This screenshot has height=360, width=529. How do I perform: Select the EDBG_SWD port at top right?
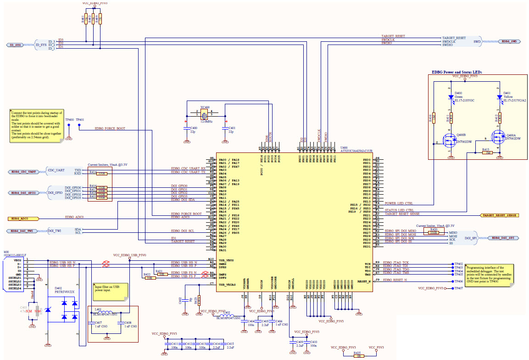(x=509, y=41)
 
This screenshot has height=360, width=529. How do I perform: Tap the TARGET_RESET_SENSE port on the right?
(x=499, y=215)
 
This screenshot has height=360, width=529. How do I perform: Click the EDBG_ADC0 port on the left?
(x=21, y=217)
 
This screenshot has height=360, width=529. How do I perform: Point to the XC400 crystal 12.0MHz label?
(x=206, y=121)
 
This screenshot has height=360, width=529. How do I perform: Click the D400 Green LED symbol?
(x=451, y=97)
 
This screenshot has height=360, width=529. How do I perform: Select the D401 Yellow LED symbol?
(x=499, y=97)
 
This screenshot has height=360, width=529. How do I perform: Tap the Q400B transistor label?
(x=461, y=135)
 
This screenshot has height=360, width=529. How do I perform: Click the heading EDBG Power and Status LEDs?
(x=457, y=73)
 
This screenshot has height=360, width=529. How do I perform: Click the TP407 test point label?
(x=458, y=288)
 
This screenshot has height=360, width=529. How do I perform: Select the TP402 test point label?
(x=458, y=264)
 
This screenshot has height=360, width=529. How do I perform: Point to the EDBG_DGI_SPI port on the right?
(x=503, y=238)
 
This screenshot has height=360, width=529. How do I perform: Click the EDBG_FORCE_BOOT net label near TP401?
(x=110, y=129)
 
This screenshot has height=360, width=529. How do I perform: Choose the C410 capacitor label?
(x=313, y=342)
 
